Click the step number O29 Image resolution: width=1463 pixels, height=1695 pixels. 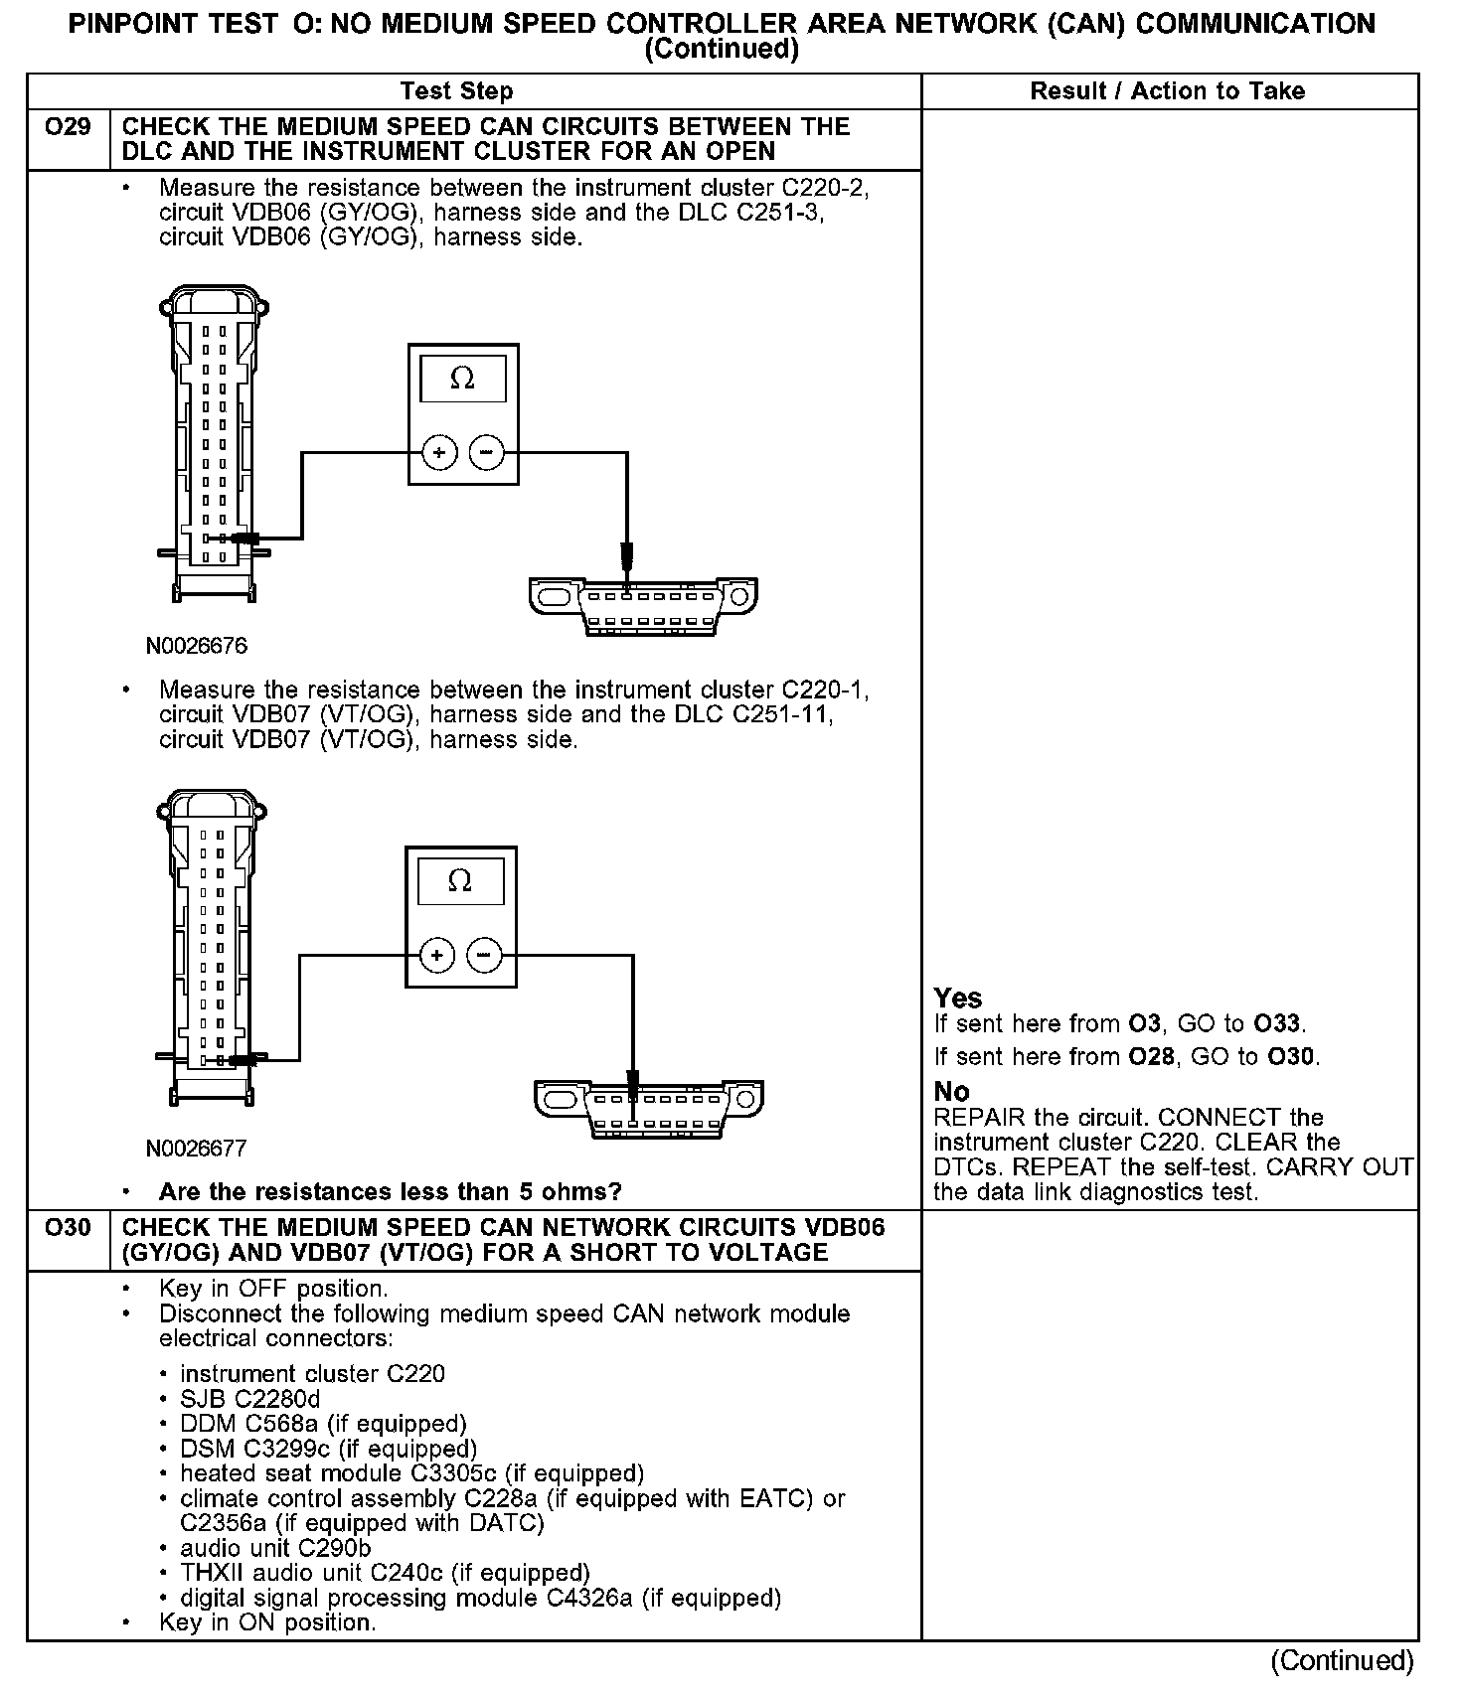68,128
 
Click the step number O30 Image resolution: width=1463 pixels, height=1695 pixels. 68,1229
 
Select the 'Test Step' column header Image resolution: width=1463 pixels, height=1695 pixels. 456,91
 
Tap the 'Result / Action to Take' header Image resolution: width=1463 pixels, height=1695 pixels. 1167,91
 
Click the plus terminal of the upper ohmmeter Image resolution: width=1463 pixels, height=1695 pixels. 439,453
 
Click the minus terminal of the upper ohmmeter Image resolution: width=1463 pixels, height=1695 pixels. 486,453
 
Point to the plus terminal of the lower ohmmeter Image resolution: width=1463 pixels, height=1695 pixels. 436,956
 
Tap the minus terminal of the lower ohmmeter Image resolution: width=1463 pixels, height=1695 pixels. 484,956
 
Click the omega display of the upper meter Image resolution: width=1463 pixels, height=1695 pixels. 462,380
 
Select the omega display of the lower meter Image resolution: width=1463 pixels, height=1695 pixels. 460,882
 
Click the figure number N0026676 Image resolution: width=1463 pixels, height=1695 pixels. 197,646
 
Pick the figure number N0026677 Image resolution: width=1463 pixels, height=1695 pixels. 196,1149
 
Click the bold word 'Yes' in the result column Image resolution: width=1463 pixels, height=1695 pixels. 958,999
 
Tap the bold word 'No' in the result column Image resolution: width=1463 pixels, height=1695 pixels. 951,1092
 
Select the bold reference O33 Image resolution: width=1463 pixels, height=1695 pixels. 1276,1024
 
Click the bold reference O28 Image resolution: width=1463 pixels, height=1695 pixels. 1150,1057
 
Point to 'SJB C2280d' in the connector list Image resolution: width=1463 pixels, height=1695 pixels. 250,1399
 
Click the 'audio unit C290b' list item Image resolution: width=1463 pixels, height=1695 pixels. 275,1548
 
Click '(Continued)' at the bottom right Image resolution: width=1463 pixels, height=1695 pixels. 1342,1660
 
